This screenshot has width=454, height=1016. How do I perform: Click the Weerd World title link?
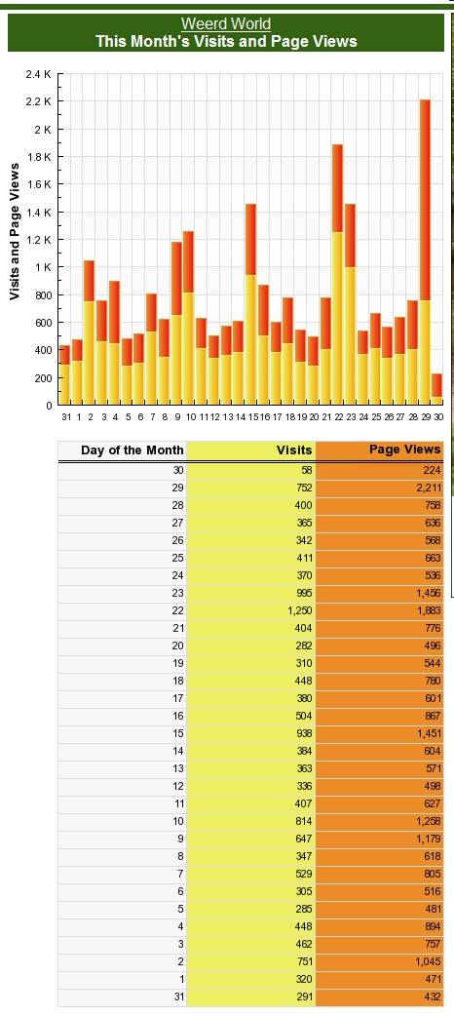click(226, 24)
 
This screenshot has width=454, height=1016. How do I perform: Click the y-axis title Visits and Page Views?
click(15, 231)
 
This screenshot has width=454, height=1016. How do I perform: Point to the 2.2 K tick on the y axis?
click(38, 101)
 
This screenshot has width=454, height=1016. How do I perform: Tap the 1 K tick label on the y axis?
click(42, 267)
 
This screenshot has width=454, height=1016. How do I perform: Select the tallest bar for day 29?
click(425, 253)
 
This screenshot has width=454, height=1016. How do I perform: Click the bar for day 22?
click(337, 275)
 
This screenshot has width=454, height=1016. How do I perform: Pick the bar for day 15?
click(250, 304)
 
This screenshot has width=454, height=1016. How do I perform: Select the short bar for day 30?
click(437, 389)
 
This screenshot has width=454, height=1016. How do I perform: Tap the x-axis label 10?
click(189, 418)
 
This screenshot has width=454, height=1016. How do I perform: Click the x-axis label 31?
click(65, 418)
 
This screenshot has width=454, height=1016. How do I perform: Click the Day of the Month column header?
click(132, 450)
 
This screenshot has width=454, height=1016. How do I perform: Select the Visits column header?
click(294, 450)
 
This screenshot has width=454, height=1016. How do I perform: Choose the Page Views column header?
click(404, 449)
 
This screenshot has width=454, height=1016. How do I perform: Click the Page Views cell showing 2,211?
click(380, 488)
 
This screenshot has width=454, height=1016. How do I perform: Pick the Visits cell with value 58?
click(250, 470)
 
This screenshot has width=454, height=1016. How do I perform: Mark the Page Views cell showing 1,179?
click(380, 839)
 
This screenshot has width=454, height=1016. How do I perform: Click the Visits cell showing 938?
click(250, 733)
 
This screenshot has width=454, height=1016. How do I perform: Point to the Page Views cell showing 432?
click(380, 997)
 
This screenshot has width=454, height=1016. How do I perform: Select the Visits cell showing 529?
click(250, 874)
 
